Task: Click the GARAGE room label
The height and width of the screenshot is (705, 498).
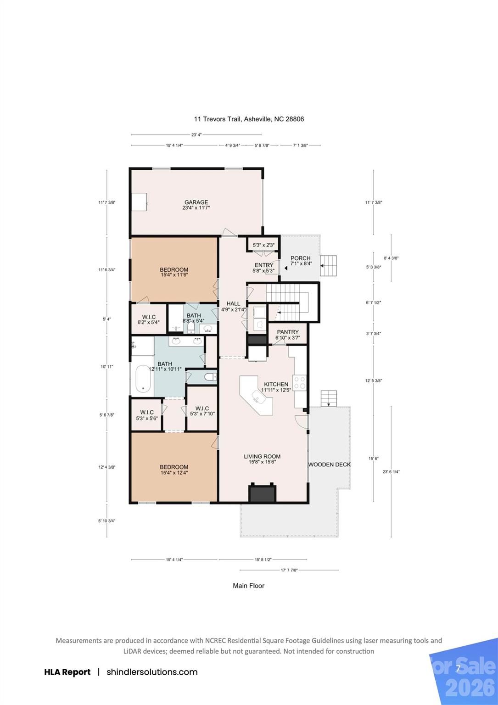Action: point(196,202)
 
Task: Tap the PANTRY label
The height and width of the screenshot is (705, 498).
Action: point(288,332)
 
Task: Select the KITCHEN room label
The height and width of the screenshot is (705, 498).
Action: point(276,384)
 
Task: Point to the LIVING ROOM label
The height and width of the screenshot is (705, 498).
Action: point(262,457)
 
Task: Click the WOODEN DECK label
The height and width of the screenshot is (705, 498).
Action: point(329,464)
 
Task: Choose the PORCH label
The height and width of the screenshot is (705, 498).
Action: point(301,258)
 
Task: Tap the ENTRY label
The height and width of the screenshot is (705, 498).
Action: point(264,265)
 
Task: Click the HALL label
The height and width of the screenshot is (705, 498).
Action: point(233,303)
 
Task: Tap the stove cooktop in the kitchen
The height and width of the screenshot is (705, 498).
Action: point(300,382)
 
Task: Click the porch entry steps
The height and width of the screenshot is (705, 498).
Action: point(329,266)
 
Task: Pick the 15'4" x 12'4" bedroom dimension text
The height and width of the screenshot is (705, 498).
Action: point(174,473)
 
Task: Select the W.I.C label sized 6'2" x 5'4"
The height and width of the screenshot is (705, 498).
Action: point(149,322)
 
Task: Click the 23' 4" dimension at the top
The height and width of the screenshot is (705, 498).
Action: point(196,135)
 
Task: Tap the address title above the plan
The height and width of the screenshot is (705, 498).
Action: point(249,119)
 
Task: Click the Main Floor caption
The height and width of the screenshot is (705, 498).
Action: point(248,586)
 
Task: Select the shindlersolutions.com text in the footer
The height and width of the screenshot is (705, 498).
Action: point(152,672)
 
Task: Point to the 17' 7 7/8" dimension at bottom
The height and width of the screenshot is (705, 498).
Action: point(289,570)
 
